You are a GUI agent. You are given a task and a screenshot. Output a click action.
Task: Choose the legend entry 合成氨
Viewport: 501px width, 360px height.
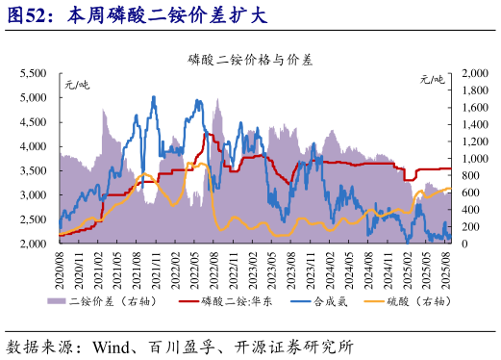coord(332,302)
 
